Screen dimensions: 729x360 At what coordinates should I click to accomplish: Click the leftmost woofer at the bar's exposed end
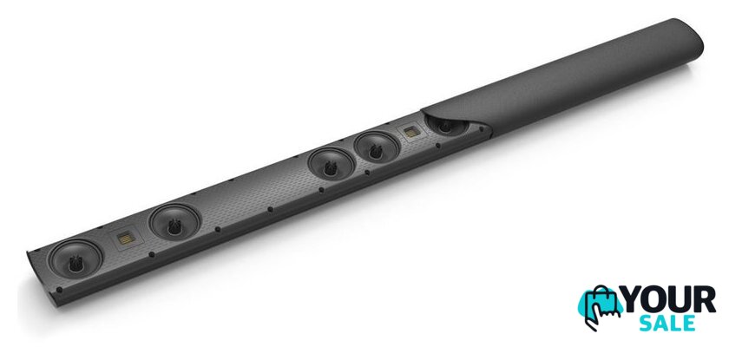[x=76, y=259]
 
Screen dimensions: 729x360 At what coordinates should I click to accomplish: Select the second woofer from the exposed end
[x=174, y=222]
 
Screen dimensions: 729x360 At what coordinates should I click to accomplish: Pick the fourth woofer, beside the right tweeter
[x=377, y=148]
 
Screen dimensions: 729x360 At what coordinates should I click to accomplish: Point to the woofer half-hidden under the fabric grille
[x=447, y=127]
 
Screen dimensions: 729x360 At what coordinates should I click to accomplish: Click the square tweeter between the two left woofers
[x=126, y=239]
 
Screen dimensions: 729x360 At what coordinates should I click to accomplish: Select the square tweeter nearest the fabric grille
[x=411, y=133]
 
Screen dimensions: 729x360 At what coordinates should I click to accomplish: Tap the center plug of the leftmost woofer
[x=76, y=263]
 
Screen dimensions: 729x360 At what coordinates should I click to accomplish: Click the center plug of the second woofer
[x=174, y=226]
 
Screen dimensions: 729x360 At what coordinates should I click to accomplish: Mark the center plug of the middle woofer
[x=331, y=168]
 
